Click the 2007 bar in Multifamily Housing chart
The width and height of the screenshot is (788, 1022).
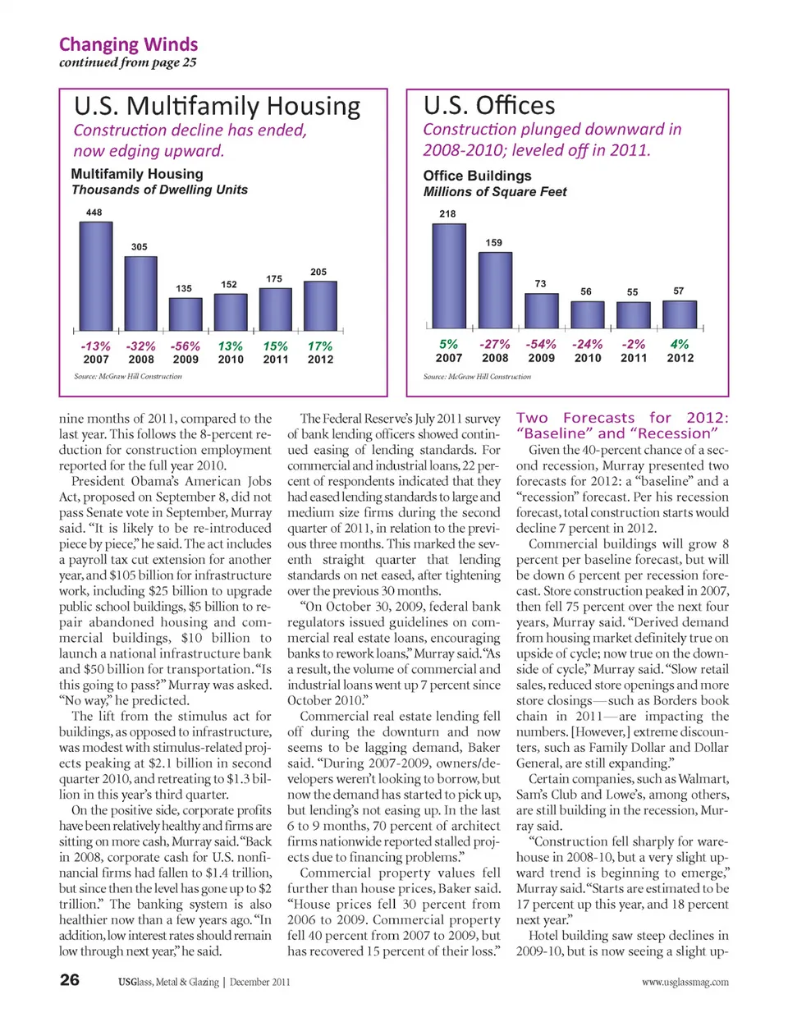pyautogui.click(x=96, y=276)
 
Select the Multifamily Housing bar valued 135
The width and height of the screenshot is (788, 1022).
pyautogui.click(x=186, y=314)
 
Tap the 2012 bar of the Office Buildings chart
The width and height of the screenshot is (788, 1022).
pyautogui.click(x=680, y=315)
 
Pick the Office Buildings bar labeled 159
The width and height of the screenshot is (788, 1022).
pyautogui.click(x=495, y=290)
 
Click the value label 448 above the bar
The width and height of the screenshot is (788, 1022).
pyautogui.click(x=94, y=213)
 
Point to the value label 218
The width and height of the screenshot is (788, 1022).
pyautogui.click(x=447, y=213)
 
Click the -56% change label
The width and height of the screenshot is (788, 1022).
pyautogui.click(x=186, y=346)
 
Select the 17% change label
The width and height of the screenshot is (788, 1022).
pyautogui.click(x=320, y=346)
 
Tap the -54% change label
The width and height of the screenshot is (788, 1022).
pyautogui.click(x=541, y=345)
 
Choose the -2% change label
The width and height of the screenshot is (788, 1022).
pyautogui.click(x=634, y=345)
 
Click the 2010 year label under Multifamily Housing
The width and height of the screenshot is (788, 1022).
pyautogui.click(x=231, y=360)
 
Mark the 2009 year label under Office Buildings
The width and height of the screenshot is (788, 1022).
pyautogui.click(x=541, y=358)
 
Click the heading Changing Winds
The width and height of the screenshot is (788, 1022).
pyautogui.click(x=128, y=44)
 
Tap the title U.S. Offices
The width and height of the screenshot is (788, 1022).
pyautogui.click(x=489, y=106)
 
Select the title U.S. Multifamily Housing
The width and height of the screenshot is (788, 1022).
pyautogui.click(x=218, y=107)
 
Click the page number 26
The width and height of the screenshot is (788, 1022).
pyautogui.click(x=70, y=980)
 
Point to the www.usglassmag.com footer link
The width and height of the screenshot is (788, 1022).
pyautogui.click(x=685, y=982)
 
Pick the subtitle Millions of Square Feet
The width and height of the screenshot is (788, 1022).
pyautogui.click(x=495, y=192)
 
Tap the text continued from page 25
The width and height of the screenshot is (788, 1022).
pyautogui.click(x=128, y=63)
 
